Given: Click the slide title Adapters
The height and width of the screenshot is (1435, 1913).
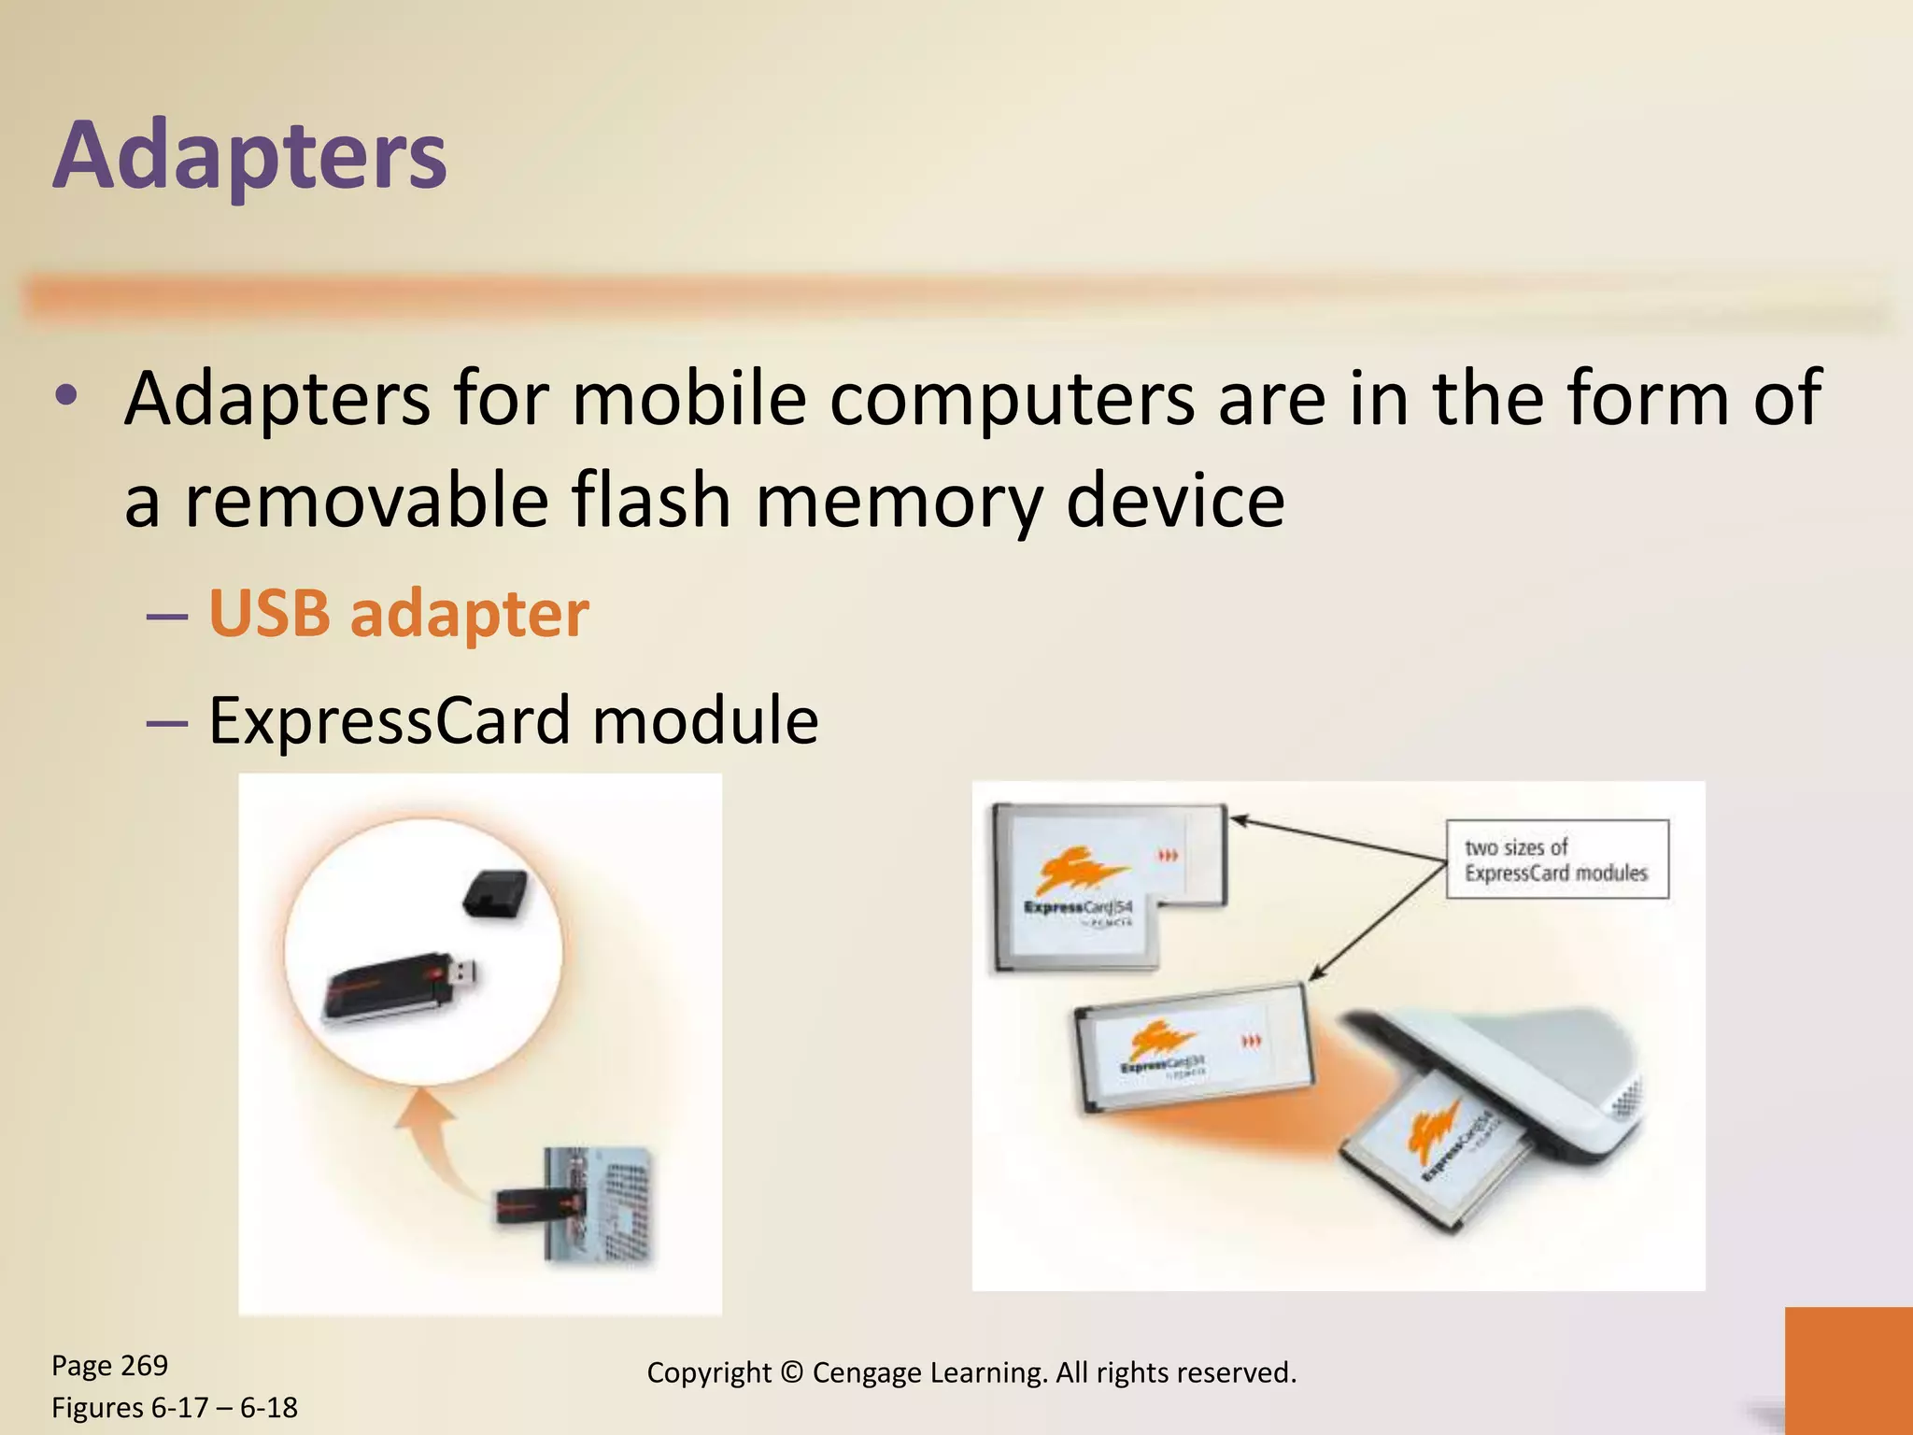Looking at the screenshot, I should pyautogui.click(x=250, y=155).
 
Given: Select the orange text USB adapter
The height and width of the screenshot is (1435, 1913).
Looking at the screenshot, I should pyautogui.click(x=399, y=615).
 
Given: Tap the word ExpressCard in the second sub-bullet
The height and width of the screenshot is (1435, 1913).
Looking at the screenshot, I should pyautogui.click(x=389, y=721).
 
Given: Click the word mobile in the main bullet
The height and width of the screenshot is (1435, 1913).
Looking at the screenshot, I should pyautogui.click(x=689, y=398).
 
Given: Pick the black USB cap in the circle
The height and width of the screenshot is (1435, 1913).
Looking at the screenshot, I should pyautogui.click(x=494, y=893).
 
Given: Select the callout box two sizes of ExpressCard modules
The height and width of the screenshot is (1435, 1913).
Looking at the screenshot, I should pyautogui.click(x=1556, y=860).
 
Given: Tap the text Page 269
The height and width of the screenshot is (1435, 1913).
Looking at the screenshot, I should pyautogui.click(x=110, y=1365).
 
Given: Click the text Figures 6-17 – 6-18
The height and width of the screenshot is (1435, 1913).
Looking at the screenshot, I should pyautogui.click(x=175, y=1407).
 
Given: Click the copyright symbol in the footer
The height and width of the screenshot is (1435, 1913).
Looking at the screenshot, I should pyautogui.click(x=791, y=1372).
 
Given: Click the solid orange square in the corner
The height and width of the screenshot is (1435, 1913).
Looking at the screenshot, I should pyautogui.click(x=1848, y=1370).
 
